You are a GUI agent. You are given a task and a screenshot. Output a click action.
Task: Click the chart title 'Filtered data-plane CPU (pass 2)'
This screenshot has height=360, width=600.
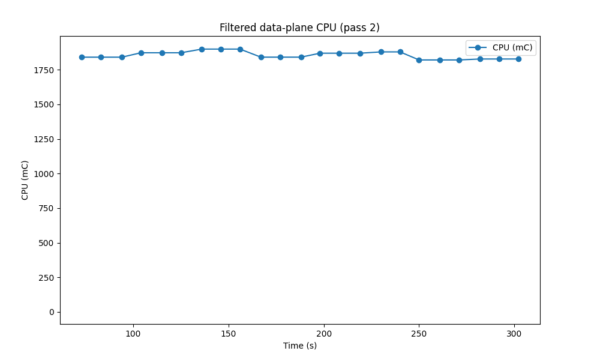click(x=299, y=28)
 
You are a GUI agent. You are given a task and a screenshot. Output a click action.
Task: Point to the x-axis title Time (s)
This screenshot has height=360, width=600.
click(x=299, y=346)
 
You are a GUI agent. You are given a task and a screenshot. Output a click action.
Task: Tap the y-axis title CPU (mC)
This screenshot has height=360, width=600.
click(x=25, y=180)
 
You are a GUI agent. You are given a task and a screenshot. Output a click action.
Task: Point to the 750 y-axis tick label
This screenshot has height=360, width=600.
click(x=46, y=208)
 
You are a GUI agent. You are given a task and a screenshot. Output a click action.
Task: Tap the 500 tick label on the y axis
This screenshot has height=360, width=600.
click(x=46, y=243)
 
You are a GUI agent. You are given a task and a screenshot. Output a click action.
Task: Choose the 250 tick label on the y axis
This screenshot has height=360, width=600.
click(x=46, y=278)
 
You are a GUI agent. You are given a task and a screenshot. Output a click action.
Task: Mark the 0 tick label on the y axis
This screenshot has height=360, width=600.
click(x=51, y=312)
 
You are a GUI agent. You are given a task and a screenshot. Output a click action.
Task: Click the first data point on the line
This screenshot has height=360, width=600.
click(x=82, y=57)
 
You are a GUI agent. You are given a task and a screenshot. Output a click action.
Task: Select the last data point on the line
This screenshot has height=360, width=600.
click(x=518, y=59)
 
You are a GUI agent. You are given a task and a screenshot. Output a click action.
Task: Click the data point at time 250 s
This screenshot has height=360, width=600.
click(x=419, y=60)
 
